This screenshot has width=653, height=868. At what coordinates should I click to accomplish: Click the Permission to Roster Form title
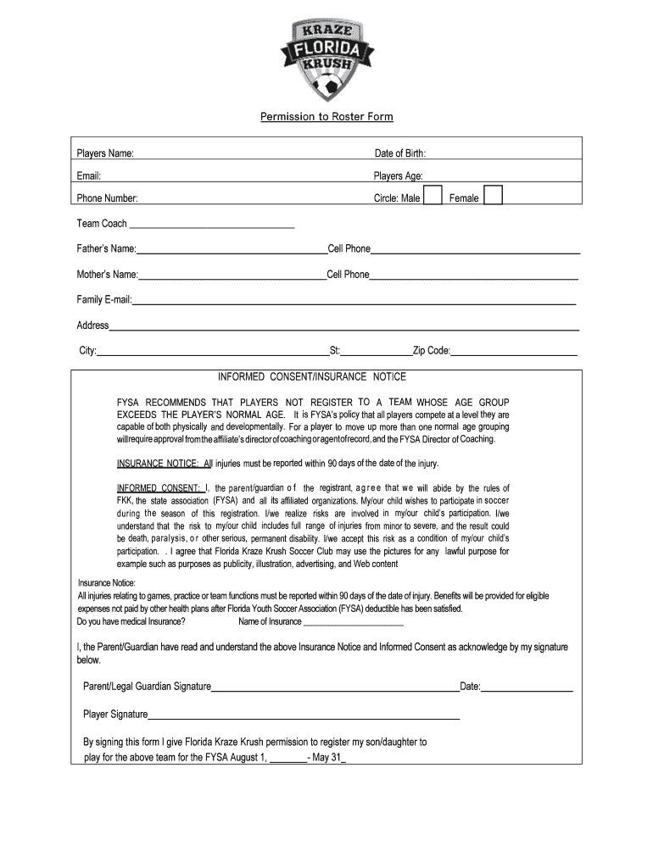click(x=326, y=116)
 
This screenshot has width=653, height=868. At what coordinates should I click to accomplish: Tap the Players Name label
click(x=105, y=153)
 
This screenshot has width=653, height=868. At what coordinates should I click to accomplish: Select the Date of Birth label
click(x=400, y=153)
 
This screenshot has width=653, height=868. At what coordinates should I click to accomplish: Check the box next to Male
click(x=432, y=196)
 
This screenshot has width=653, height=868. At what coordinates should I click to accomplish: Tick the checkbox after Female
click(x=493, y=196)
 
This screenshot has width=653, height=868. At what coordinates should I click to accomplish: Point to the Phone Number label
click(x=108, y=198)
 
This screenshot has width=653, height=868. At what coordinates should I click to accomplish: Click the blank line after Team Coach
click(x=211, y=226)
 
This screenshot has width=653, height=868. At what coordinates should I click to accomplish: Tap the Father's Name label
click(x=107, y=249)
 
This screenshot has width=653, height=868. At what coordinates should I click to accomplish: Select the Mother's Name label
click(x=108, y=275)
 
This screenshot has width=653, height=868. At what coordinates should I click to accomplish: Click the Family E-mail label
click(x=104, y=300)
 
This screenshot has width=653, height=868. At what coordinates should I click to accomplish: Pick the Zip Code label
click(x=432, y=351)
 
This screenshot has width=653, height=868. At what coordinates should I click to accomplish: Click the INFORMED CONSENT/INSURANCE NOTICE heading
click(x=312, y=376)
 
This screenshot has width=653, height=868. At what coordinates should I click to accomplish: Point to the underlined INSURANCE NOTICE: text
click(x=158, y=464)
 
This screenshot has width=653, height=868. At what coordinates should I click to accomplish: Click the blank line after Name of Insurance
click(x=353, y=623)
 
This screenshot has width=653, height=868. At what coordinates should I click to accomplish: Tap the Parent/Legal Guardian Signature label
click(x=147, y=686)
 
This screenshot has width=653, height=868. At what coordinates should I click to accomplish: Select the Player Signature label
click(x=115, y=714)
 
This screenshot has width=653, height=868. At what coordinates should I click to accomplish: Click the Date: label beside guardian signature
click(x=471, y=686)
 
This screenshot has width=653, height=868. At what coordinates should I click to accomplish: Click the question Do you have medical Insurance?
click(x=131, y=621)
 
